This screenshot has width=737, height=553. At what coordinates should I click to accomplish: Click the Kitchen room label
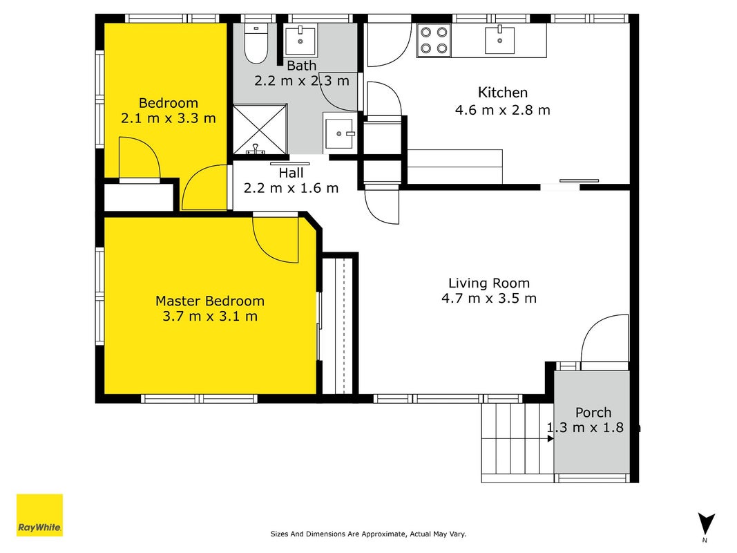pos(502,93)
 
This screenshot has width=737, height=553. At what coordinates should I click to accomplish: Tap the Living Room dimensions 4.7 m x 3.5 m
pos(489,298)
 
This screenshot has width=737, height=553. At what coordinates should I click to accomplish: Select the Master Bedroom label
pos(209,301)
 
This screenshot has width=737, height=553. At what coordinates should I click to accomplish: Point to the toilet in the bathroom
pos(256,44)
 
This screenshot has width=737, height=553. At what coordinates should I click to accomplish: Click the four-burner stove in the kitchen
pos(434,40)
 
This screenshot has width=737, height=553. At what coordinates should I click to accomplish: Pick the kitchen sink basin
pos(499,39)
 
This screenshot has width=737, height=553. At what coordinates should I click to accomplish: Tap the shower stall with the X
pos(260,129)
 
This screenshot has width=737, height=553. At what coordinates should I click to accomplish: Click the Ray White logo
pos(39,515)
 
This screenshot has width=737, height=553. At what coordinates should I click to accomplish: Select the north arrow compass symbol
pos(705,526)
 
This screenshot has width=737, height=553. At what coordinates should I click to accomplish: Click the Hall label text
pos(291,173)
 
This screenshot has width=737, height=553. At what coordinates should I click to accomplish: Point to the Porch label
pos(593,413)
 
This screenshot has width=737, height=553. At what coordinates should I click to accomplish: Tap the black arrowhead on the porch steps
pos(551,439)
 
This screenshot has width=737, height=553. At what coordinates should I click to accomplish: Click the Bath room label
pos(301,66)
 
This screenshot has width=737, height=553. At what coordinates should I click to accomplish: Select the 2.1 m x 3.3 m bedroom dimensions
pos(169,118)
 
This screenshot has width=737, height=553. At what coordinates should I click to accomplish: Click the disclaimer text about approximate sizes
pos(368,534)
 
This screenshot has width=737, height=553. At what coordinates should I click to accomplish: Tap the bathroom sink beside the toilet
pos(300,41)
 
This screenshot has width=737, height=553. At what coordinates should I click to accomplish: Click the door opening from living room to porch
pos(605,338)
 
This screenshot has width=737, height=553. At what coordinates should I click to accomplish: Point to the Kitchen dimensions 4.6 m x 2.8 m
pos(502,110)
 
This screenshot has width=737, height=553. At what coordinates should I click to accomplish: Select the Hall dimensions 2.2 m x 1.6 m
pos(291,188)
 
